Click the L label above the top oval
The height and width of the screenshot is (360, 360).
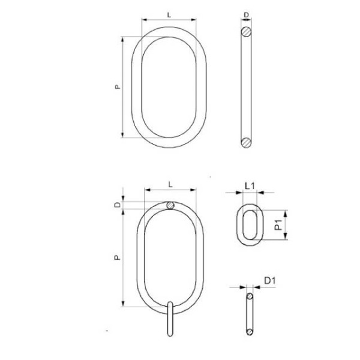pyautogui.click(x=169, y=15)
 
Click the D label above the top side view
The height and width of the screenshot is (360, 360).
pyautogui.click(x=246, y=15)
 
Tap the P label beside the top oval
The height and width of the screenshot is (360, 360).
pyautogui.click(x=118, y=86)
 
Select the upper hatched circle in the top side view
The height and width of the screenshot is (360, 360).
pyautogui.click(x=246, y=32)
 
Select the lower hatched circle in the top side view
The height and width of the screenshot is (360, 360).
pyautogui.click(x=246, y=143)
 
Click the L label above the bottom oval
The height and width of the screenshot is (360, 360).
pyautogui.click(x=170, y=184)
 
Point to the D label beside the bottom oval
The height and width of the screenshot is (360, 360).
pyautogui.click(x=118, y=205)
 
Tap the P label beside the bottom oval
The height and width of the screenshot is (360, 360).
pyautogui.click(x=118, y=257)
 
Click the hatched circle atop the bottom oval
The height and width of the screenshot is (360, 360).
pyautogui.click(x=170, y=205)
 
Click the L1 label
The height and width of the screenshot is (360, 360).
pyautogui.click(x=250, y=186)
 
